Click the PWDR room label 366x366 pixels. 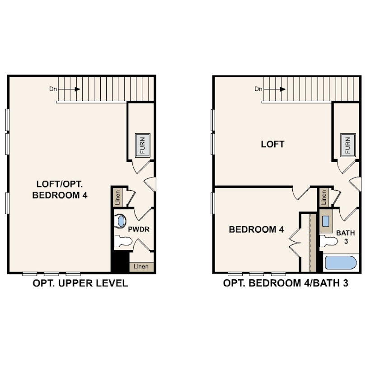point(139,229)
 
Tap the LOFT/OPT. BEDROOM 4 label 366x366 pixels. point(60,189)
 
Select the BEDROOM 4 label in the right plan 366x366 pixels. point(256,230)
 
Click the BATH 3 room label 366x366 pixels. point(346,237)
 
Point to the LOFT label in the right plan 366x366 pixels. point(272,144)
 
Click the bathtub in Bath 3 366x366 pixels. point(341,263)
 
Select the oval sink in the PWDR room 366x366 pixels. point(121,221)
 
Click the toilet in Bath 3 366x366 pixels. point(328,241)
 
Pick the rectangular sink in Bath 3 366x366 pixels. point(326,221)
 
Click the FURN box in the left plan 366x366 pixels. point(143,145)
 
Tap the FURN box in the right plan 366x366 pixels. point(348,145)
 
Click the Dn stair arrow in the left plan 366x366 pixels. point(69,89)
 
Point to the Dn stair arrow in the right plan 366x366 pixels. point(274,89)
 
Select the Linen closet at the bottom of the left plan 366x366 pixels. point(141,267)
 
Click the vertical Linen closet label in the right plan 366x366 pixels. point(324,197)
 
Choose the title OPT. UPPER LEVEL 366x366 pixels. point(80,283)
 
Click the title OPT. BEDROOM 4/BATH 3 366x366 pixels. point(286,283)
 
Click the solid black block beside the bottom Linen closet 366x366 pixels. point(120,262)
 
